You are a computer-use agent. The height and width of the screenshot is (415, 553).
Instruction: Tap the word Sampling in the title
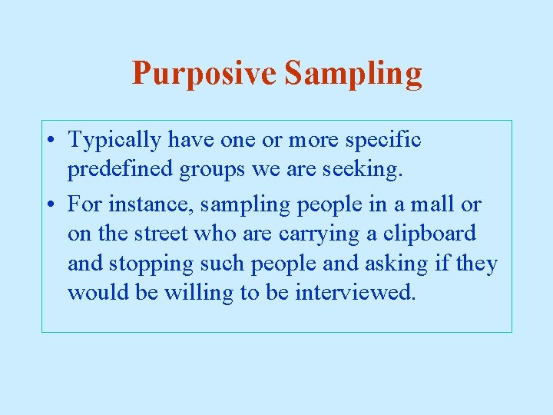[x=353, y=75]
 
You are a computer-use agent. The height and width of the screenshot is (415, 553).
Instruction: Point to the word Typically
[x=114, y=141]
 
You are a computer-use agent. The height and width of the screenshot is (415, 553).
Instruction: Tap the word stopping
[x=151, y=264]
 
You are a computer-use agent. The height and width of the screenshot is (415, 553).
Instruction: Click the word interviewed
[x=355, y=293]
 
